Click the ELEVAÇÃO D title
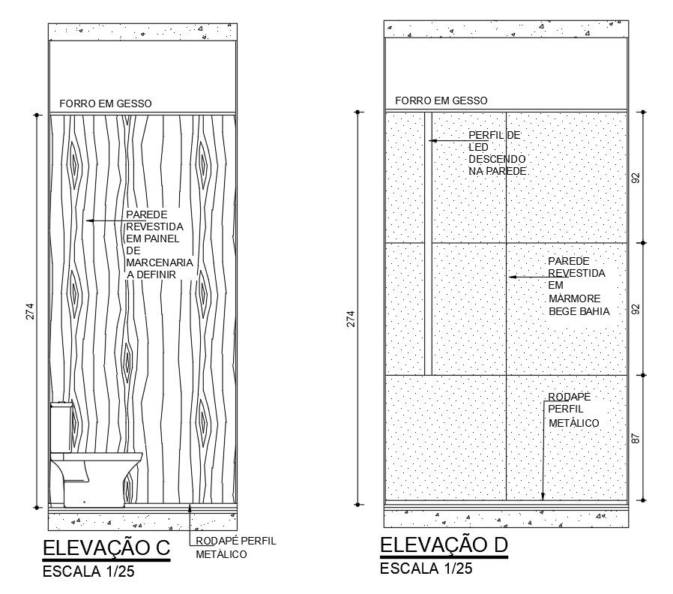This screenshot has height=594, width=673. (444, 544)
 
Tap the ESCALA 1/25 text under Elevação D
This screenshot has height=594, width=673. (426, 568)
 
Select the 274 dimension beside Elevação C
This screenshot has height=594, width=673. (30, 311)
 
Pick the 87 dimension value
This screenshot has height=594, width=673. (636, 437)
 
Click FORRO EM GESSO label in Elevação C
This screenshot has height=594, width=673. (106, 103)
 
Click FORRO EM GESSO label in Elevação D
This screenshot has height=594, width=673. (441, 100)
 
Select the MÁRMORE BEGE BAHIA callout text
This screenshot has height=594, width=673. (578, 286)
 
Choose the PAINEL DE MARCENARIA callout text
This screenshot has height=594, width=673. (160, 244)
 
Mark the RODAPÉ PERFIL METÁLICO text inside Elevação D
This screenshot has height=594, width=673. (573, 409)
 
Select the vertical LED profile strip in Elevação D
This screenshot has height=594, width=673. (428, 243)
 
